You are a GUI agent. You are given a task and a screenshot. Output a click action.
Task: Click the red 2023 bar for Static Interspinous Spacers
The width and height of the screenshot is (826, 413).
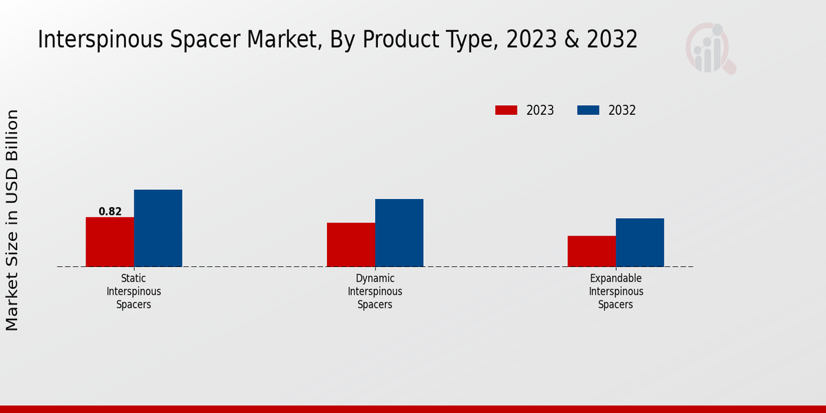[109, 242]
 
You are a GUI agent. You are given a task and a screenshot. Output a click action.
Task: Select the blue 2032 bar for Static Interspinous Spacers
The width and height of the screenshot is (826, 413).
[158, 228]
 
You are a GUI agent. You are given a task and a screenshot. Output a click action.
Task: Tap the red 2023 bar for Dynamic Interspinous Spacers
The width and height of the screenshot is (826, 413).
[350, 244]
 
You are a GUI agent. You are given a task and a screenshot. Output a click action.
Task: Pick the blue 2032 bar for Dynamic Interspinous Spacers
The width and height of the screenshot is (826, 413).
[399, 233]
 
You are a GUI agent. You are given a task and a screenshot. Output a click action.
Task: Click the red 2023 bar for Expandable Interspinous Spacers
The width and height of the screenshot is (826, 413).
[591, 251]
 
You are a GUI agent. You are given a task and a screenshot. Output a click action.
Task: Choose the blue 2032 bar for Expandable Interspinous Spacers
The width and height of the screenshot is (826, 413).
[639, 242]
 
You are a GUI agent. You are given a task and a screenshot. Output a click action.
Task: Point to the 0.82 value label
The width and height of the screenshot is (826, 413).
[110, 211]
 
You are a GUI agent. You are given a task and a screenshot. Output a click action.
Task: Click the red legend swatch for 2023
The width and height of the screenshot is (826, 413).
[506, 110]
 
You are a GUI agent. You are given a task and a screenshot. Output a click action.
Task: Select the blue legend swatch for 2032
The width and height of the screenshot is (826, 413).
[588, 110]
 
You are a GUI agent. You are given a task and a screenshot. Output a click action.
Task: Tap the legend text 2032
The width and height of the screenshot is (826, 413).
[622, 110]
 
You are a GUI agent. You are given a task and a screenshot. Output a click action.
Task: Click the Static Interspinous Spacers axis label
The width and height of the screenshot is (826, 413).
[134, 291]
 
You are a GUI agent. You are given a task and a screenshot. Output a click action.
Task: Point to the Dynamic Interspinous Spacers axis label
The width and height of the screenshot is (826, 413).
[375, 291]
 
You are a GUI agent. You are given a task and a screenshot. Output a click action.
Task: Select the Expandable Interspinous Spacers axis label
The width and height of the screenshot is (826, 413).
[616, 291]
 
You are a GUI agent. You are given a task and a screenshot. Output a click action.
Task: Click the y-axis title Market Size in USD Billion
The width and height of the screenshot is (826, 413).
[12, 220]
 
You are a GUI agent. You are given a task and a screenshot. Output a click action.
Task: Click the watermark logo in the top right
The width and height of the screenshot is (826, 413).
[710, 48]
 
